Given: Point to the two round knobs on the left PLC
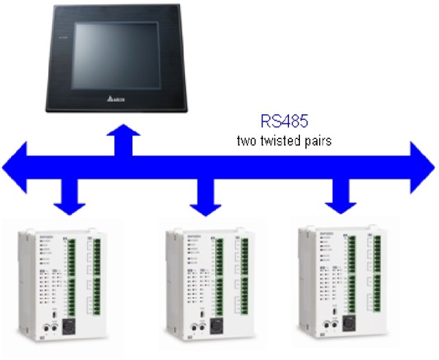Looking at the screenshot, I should [47, 329].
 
